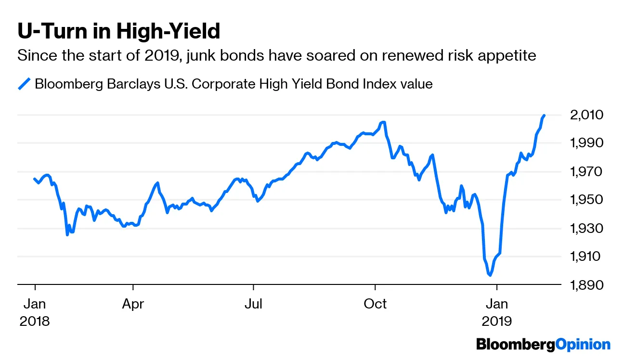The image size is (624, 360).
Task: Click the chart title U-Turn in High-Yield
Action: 118,32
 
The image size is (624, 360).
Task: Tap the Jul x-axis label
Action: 253,304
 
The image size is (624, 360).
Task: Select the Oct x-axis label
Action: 375,304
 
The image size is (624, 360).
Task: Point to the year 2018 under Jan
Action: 35,321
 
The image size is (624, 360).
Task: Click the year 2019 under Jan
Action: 496,321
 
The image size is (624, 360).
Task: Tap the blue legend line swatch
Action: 24,84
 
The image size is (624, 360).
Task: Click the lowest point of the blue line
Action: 490,275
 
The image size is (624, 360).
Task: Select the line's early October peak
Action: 383,122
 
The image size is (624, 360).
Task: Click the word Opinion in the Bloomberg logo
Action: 583,345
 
